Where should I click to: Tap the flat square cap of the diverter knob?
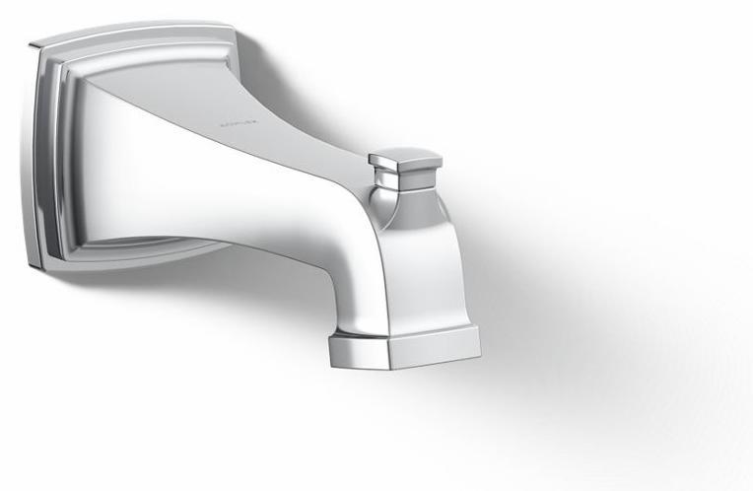(x=404, y=158)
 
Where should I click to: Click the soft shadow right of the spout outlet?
(x=552, y=325)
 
